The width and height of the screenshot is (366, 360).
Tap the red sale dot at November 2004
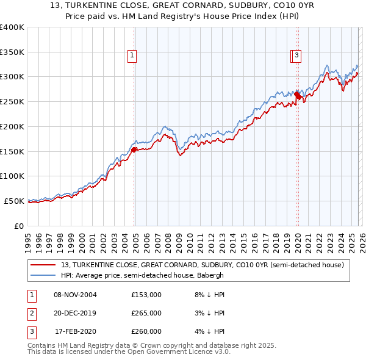click(134, 149)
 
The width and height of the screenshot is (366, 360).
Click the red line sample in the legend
click(44, 265)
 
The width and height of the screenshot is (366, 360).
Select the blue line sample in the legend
click(44, 275)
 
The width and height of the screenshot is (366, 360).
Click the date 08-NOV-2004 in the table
click(76, 295)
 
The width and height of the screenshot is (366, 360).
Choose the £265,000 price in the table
click(146, 313)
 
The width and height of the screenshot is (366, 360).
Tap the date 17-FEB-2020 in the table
click(76, 331)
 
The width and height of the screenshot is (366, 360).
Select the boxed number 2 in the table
click(30, 313)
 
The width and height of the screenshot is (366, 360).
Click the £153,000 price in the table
click(146, 295)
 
